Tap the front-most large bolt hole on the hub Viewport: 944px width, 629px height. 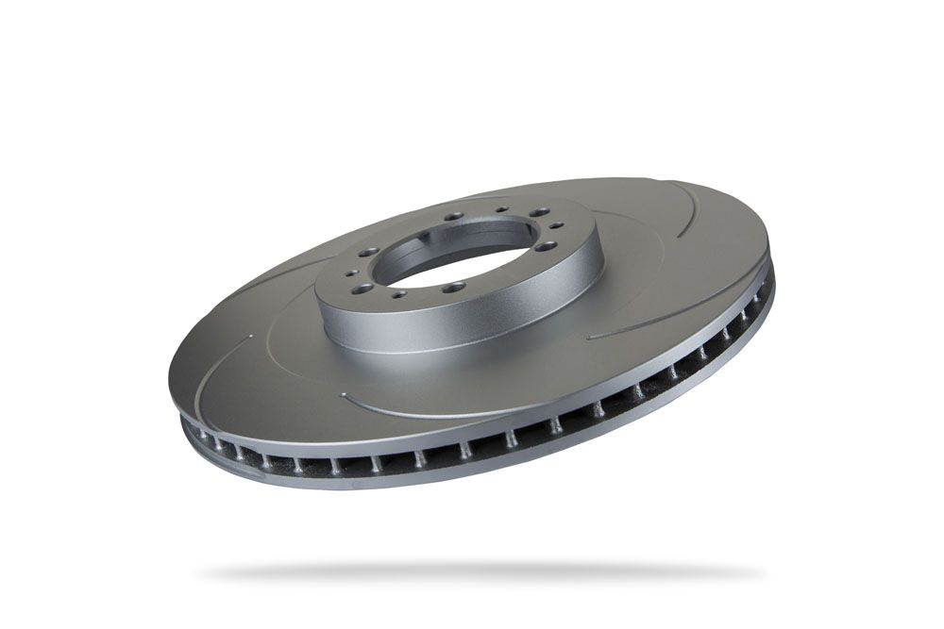(x=455, y=285)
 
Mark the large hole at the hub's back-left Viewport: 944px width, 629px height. (x=454, y=215)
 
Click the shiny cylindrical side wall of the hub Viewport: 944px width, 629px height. (x=453, y=325)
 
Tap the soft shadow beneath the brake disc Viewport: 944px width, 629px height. (x=481, y=571)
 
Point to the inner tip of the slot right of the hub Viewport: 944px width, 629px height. (x=589, y=337)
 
